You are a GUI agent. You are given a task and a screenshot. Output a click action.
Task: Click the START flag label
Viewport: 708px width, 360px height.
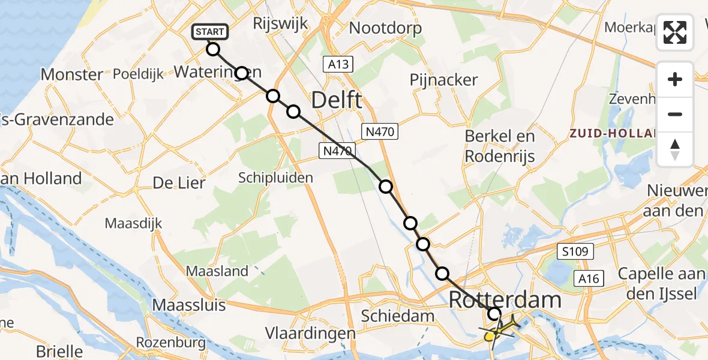coord(209,32)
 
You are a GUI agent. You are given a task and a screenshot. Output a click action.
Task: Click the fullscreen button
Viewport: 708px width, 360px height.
coord(675,32)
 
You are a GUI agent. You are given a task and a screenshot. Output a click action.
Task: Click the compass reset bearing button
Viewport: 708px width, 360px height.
coord(675,149)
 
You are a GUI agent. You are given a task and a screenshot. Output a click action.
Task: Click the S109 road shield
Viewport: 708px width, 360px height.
coord(578,252)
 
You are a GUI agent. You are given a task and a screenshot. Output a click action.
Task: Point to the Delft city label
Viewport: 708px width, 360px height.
coord(336,100)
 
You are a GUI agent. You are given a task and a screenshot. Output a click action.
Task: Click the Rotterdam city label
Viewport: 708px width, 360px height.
coord(505,300)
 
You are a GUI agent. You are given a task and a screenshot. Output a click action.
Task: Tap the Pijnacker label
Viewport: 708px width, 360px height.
coord(444,80)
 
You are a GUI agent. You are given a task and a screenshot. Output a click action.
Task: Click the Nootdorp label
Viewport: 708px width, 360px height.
coord(385,28)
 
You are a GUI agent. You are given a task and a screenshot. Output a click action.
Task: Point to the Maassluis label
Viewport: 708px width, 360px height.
coord(189,305)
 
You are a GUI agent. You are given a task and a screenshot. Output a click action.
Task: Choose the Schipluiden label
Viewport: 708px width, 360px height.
coord(275,178)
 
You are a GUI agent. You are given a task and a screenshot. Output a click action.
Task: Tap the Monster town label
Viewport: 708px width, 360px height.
coord(71,74)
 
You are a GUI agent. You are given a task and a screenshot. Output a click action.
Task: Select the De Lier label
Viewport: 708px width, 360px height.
coord(179,183)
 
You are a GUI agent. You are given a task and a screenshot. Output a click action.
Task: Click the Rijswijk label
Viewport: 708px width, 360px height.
coord(280,24)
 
